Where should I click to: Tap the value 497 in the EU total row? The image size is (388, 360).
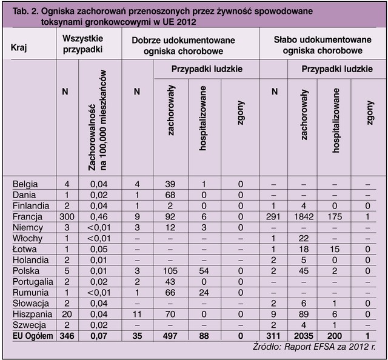[x=170, y=337]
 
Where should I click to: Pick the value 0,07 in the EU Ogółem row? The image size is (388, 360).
[x=99, y=337]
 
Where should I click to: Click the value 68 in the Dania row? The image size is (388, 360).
[x=170, y=194]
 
